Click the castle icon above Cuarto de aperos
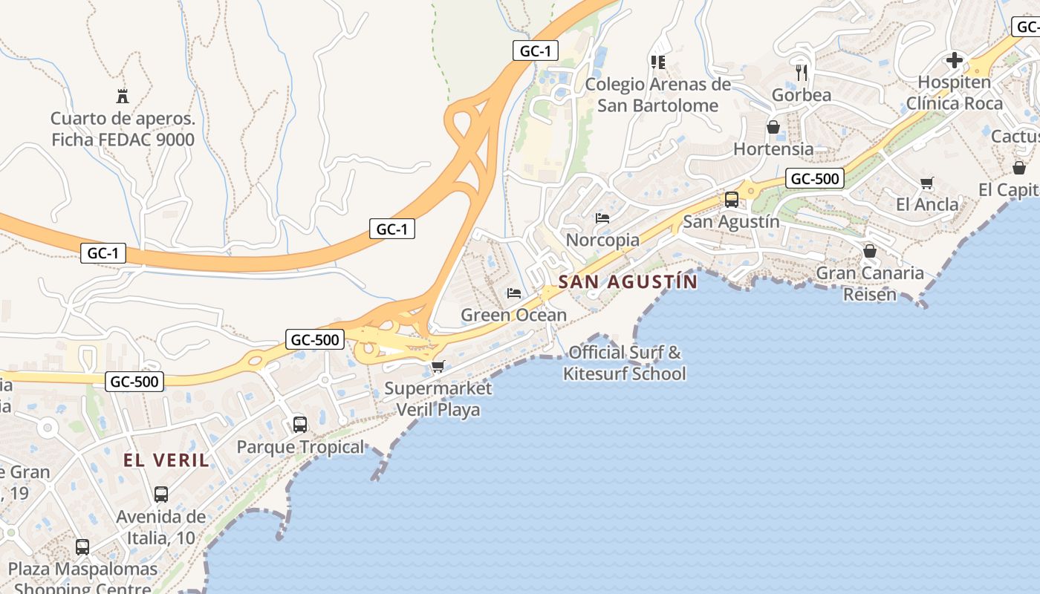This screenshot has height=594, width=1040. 123,96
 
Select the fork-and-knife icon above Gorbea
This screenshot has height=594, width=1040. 801,72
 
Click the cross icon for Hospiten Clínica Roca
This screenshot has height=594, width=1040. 955,60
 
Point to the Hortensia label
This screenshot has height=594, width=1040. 773,148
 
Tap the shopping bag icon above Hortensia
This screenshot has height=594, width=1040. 773,127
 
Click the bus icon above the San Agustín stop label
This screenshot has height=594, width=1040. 732,199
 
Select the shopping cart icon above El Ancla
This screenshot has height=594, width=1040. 926,183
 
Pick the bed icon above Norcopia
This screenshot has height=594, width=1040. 602,218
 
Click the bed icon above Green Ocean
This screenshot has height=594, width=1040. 513,293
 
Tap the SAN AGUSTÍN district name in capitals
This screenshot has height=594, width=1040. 628,282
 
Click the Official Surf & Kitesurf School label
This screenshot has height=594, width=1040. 625,363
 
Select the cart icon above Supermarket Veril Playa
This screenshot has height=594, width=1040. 438,366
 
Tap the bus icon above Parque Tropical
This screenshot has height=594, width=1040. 300,425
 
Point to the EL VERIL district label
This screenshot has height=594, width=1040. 166,460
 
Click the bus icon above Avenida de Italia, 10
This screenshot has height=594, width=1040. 161,495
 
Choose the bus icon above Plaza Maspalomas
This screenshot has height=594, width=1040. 82,547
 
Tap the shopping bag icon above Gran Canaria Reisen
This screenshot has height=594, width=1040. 870,251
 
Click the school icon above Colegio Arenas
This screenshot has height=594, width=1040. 657,62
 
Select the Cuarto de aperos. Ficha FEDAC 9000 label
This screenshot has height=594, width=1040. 123,129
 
